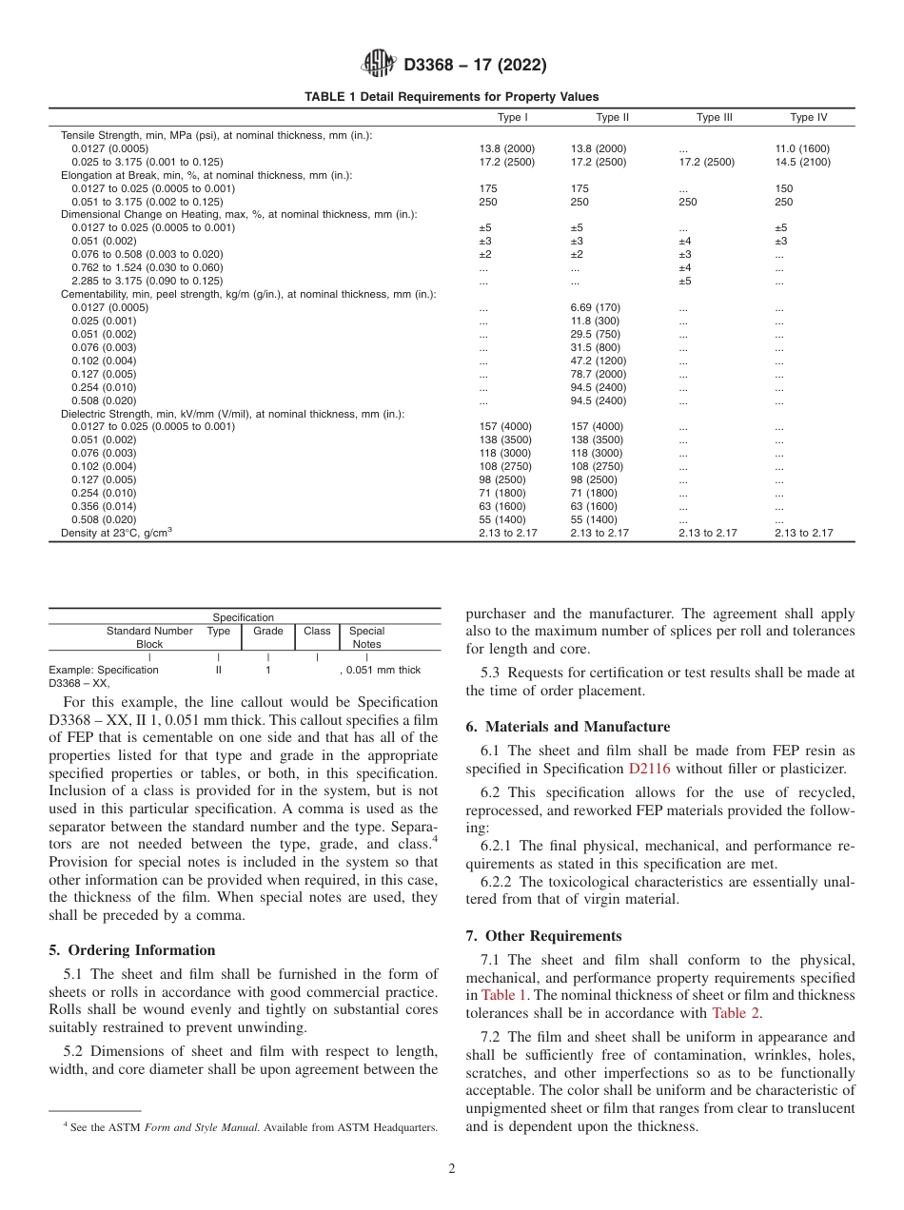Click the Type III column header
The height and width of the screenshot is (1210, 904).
714,118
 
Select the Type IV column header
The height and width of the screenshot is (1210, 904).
808,118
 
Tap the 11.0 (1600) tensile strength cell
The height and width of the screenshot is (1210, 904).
802,149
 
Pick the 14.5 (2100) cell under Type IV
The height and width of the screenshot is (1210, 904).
802,163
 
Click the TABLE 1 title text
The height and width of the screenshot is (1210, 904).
451,97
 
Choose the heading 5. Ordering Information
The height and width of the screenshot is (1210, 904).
132,950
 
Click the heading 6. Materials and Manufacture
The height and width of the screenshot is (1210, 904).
567,727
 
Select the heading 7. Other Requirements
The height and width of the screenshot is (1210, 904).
543,936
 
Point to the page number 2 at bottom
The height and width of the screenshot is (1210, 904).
452,1169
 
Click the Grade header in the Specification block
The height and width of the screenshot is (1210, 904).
268,631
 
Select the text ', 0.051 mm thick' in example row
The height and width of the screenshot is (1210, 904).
380,670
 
